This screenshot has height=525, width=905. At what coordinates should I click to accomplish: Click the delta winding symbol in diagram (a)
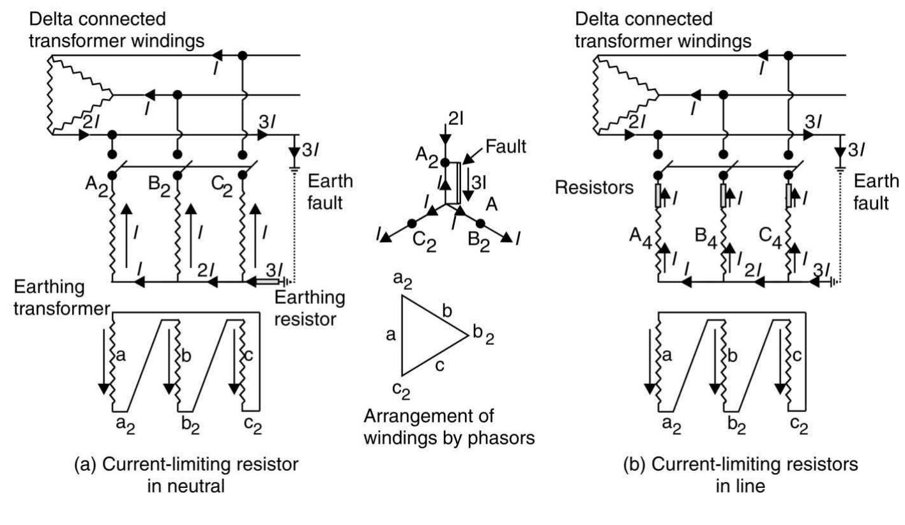point(77,96)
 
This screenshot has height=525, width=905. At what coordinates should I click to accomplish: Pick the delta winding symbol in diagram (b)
point(622,96)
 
